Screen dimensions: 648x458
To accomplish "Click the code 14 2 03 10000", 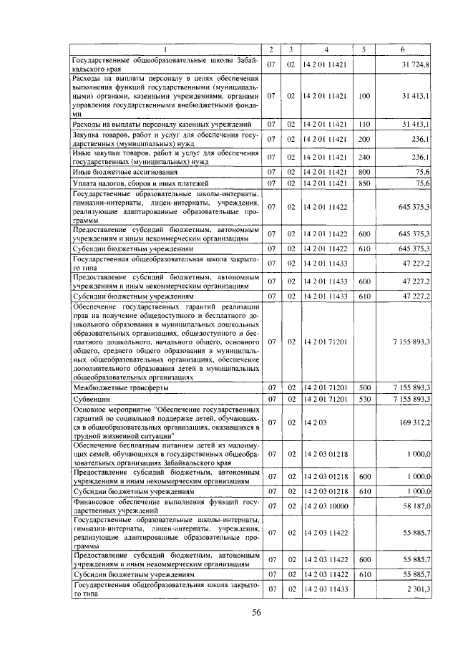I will (x=326, y=506).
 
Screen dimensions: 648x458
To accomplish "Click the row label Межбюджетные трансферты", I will (x=122, y=387).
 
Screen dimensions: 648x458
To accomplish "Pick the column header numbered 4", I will (x=326, y=49).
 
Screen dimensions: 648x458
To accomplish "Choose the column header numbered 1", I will (x=165, y=49).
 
